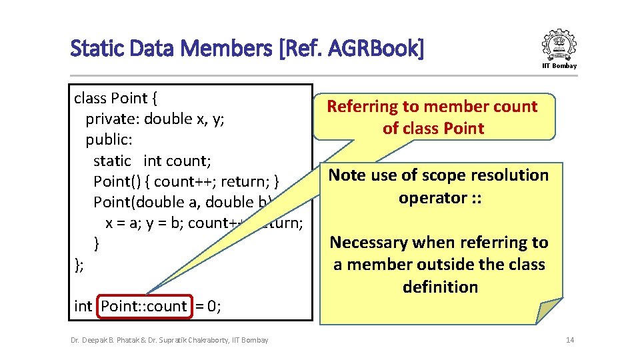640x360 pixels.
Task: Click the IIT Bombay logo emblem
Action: (x=559, y=44)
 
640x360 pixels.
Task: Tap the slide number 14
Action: (x=570, y=340)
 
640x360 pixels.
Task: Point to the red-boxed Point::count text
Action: (x=145, y=306)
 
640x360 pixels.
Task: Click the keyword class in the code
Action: (x=90, y=98)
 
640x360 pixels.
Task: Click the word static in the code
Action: (x=112, y=161)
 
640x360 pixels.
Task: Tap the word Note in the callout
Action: (x=347, y=175)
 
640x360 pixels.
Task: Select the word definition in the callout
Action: (x=440, y=287)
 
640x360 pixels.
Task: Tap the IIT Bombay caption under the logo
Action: (x=559, y=65)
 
